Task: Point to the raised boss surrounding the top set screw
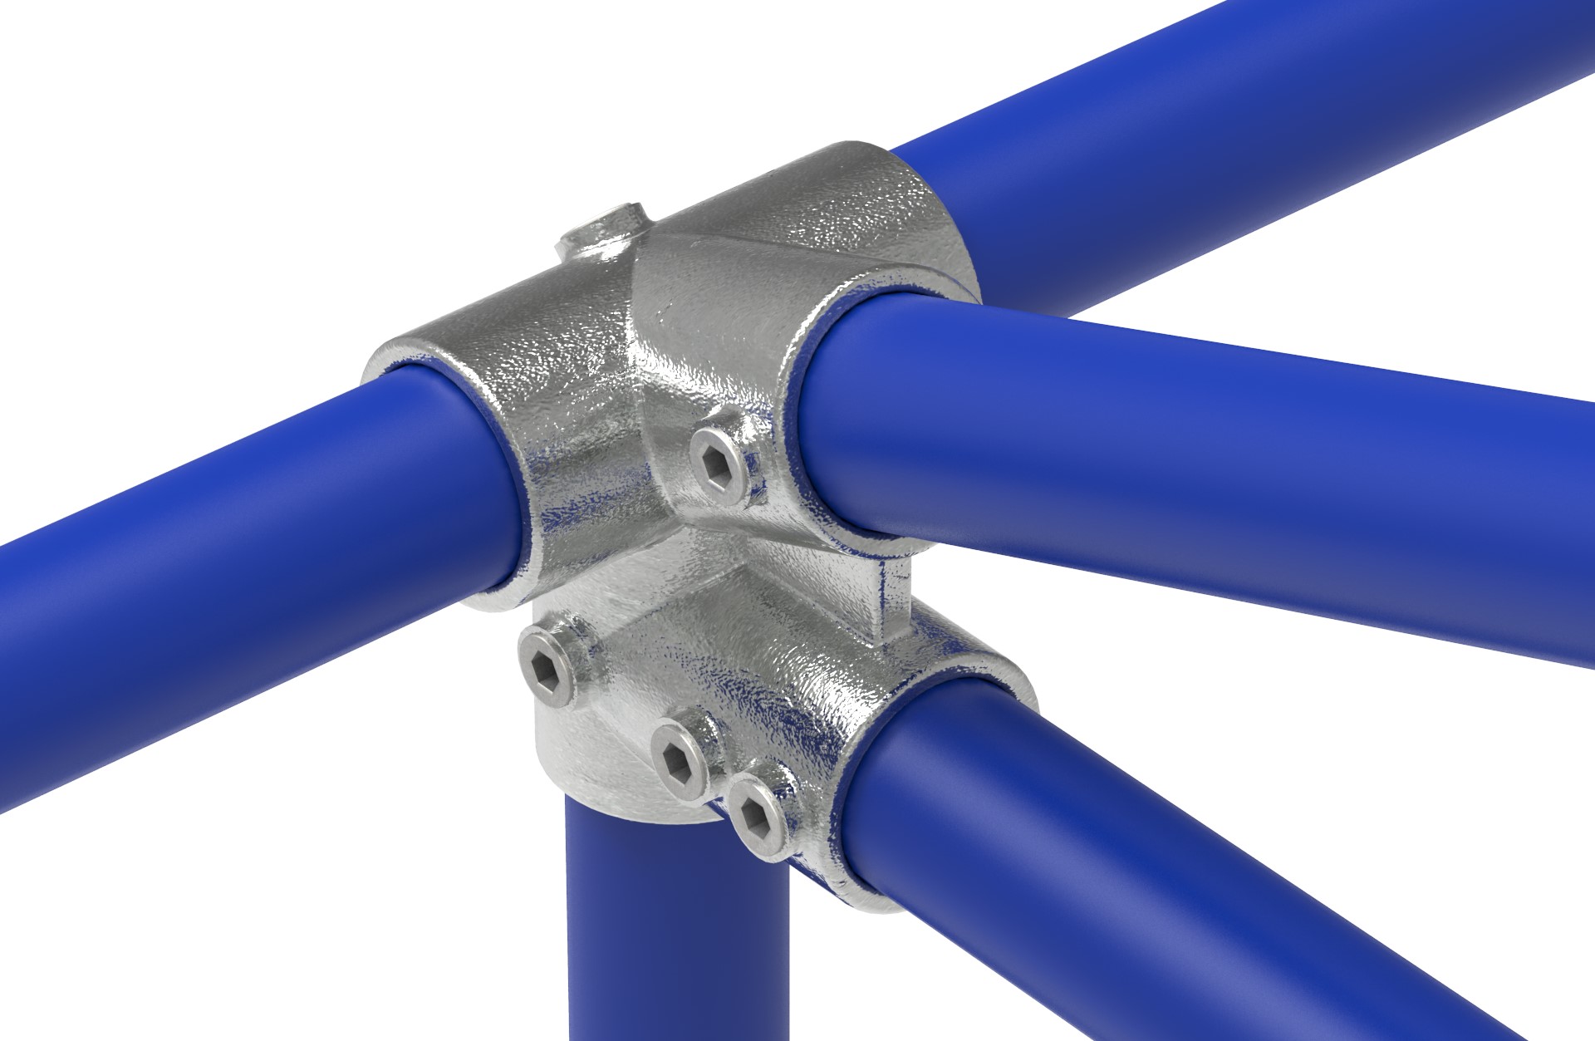point(590,241)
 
